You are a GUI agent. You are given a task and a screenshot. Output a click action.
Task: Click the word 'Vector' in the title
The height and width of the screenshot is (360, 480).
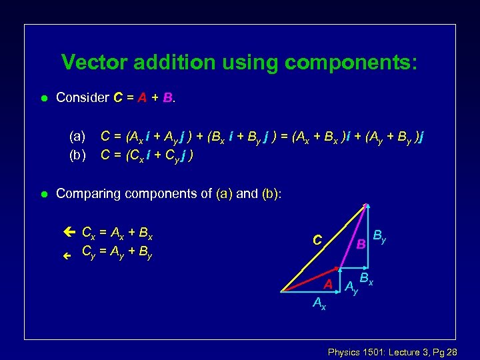tap(95, 63)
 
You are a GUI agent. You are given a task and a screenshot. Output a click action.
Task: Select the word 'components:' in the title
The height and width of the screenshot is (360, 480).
tap(353, 63)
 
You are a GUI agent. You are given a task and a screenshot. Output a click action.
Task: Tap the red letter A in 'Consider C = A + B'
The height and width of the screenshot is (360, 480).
tap(141, 98)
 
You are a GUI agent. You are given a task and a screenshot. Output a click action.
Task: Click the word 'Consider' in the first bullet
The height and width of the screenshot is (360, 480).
tap(83, 98)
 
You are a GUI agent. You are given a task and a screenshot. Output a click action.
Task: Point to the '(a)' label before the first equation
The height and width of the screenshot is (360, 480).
tap(77, 137)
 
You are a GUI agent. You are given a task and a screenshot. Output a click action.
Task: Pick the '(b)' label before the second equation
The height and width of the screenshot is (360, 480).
tap(77, 155)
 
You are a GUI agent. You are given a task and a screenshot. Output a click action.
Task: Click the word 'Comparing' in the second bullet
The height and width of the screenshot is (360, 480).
tap(87, 194)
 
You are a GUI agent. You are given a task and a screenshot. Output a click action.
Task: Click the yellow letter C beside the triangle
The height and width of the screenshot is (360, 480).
tap(318, 239)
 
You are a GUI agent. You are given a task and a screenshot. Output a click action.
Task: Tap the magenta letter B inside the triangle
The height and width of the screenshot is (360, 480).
tap(360, 244)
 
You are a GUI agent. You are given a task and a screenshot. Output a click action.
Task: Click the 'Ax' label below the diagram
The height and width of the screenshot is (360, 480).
tap(319, 304)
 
